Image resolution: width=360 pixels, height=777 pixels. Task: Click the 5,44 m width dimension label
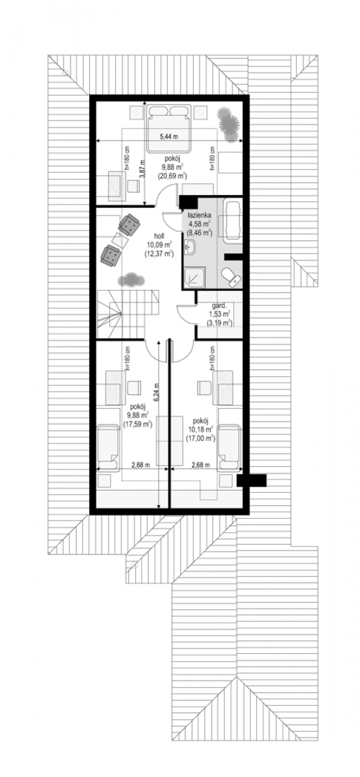[x=168, y=137]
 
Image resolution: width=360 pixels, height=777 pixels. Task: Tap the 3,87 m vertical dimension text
[x=141, y=168]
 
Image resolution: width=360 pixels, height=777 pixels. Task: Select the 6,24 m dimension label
[x=157, y=392]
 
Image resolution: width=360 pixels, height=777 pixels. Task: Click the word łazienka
[x=197, y=216]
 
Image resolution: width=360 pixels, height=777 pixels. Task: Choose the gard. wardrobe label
[x=219, y=306]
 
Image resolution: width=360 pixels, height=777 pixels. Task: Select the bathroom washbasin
[x=190, y=247]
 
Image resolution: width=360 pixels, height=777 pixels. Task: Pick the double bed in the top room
[x=169, y=128]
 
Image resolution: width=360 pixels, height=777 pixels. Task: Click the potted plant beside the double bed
[x=228, y=123]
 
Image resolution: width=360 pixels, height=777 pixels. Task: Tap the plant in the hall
[x=131, y=279]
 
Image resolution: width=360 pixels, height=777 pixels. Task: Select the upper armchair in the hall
[x=129, y=224]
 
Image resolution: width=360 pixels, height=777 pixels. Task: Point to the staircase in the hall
[x=128, y=313]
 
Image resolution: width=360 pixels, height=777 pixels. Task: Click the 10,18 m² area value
[x=201, y=430]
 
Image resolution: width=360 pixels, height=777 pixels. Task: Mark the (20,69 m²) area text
[x=172, y=176]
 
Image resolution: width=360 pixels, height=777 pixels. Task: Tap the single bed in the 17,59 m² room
[x=108, y=447]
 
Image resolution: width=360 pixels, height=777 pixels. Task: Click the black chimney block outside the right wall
[x=251, y=480]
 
